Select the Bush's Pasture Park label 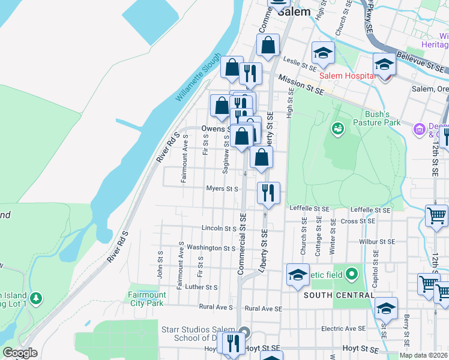tap(382, 118)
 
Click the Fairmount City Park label tap(147, 298)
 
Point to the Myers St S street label tap(223, 189)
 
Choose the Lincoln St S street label tap(219, 229)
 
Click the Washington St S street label tap(211, 248)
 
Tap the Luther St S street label tap(201, 287)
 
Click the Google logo tap(19, 353)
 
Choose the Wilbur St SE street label tap(377, 241)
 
